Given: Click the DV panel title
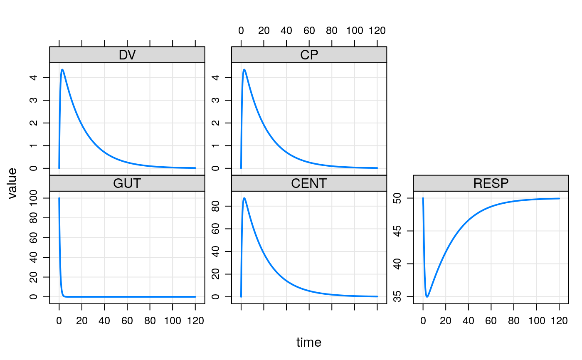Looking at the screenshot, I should tap(127, 55).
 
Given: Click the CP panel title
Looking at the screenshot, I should tap(309, 55).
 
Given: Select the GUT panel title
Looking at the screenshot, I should tap(127, 183).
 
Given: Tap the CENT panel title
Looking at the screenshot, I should tap(309, 183).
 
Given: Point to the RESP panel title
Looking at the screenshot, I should tap(491, 183).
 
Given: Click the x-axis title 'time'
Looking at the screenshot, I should tap(309, 343).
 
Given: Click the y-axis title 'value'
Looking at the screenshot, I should tap(12, 183).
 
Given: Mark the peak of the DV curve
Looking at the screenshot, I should tap(62, 69).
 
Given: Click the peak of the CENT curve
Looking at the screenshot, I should tap(244, 198).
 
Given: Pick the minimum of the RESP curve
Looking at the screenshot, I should tap(427, 297).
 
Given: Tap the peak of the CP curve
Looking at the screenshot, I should tap(244, 69).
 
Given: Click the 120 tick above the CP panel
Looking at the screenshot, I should tap(377, 31).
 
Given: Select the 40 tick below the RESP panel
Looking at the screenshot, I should tap(468, 321).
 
